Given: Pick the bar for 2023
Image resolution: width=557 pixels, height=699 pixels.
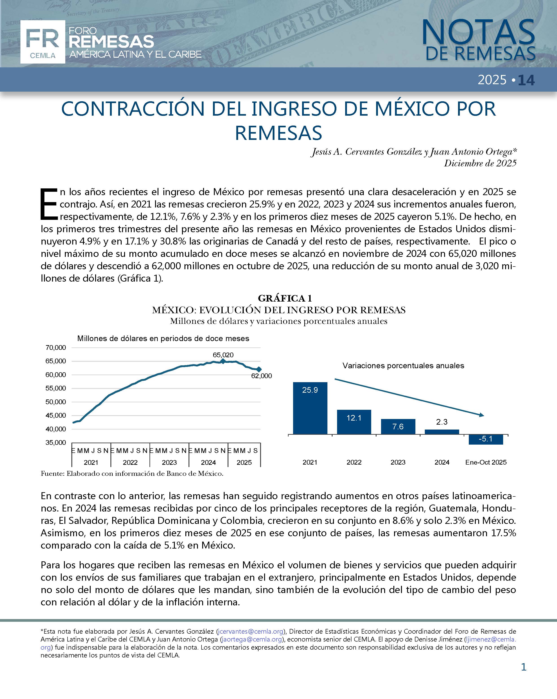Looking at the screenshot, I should click(398, 426).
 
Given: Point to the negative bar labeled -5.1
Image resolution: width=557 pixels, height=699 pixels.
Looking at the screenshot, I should click(485, 439).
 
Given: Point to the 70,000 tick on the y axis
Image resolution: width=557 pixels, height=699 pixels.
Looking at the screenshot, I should click(56, 348).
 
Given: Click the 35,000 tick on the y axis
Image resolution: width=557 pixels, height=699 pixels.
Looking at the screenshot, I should click(56, 443).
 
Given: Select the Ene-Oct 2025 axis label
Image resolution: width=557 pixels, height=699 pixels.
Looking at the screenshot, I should click(486, 462).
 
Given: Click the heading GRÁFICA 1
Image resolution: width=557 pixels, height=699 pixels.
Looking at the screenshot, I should click(285, 298).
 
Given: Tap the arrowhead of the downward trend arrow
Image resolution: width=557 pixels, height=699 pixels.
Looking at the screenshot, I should click(482, 415).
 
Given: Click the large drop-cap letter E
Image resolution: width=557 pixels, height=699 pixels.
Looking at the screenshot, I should click(49, 204).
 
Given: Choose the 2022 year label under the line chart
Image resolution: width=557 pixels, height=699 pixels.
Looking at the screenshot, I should click(130, 462).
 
